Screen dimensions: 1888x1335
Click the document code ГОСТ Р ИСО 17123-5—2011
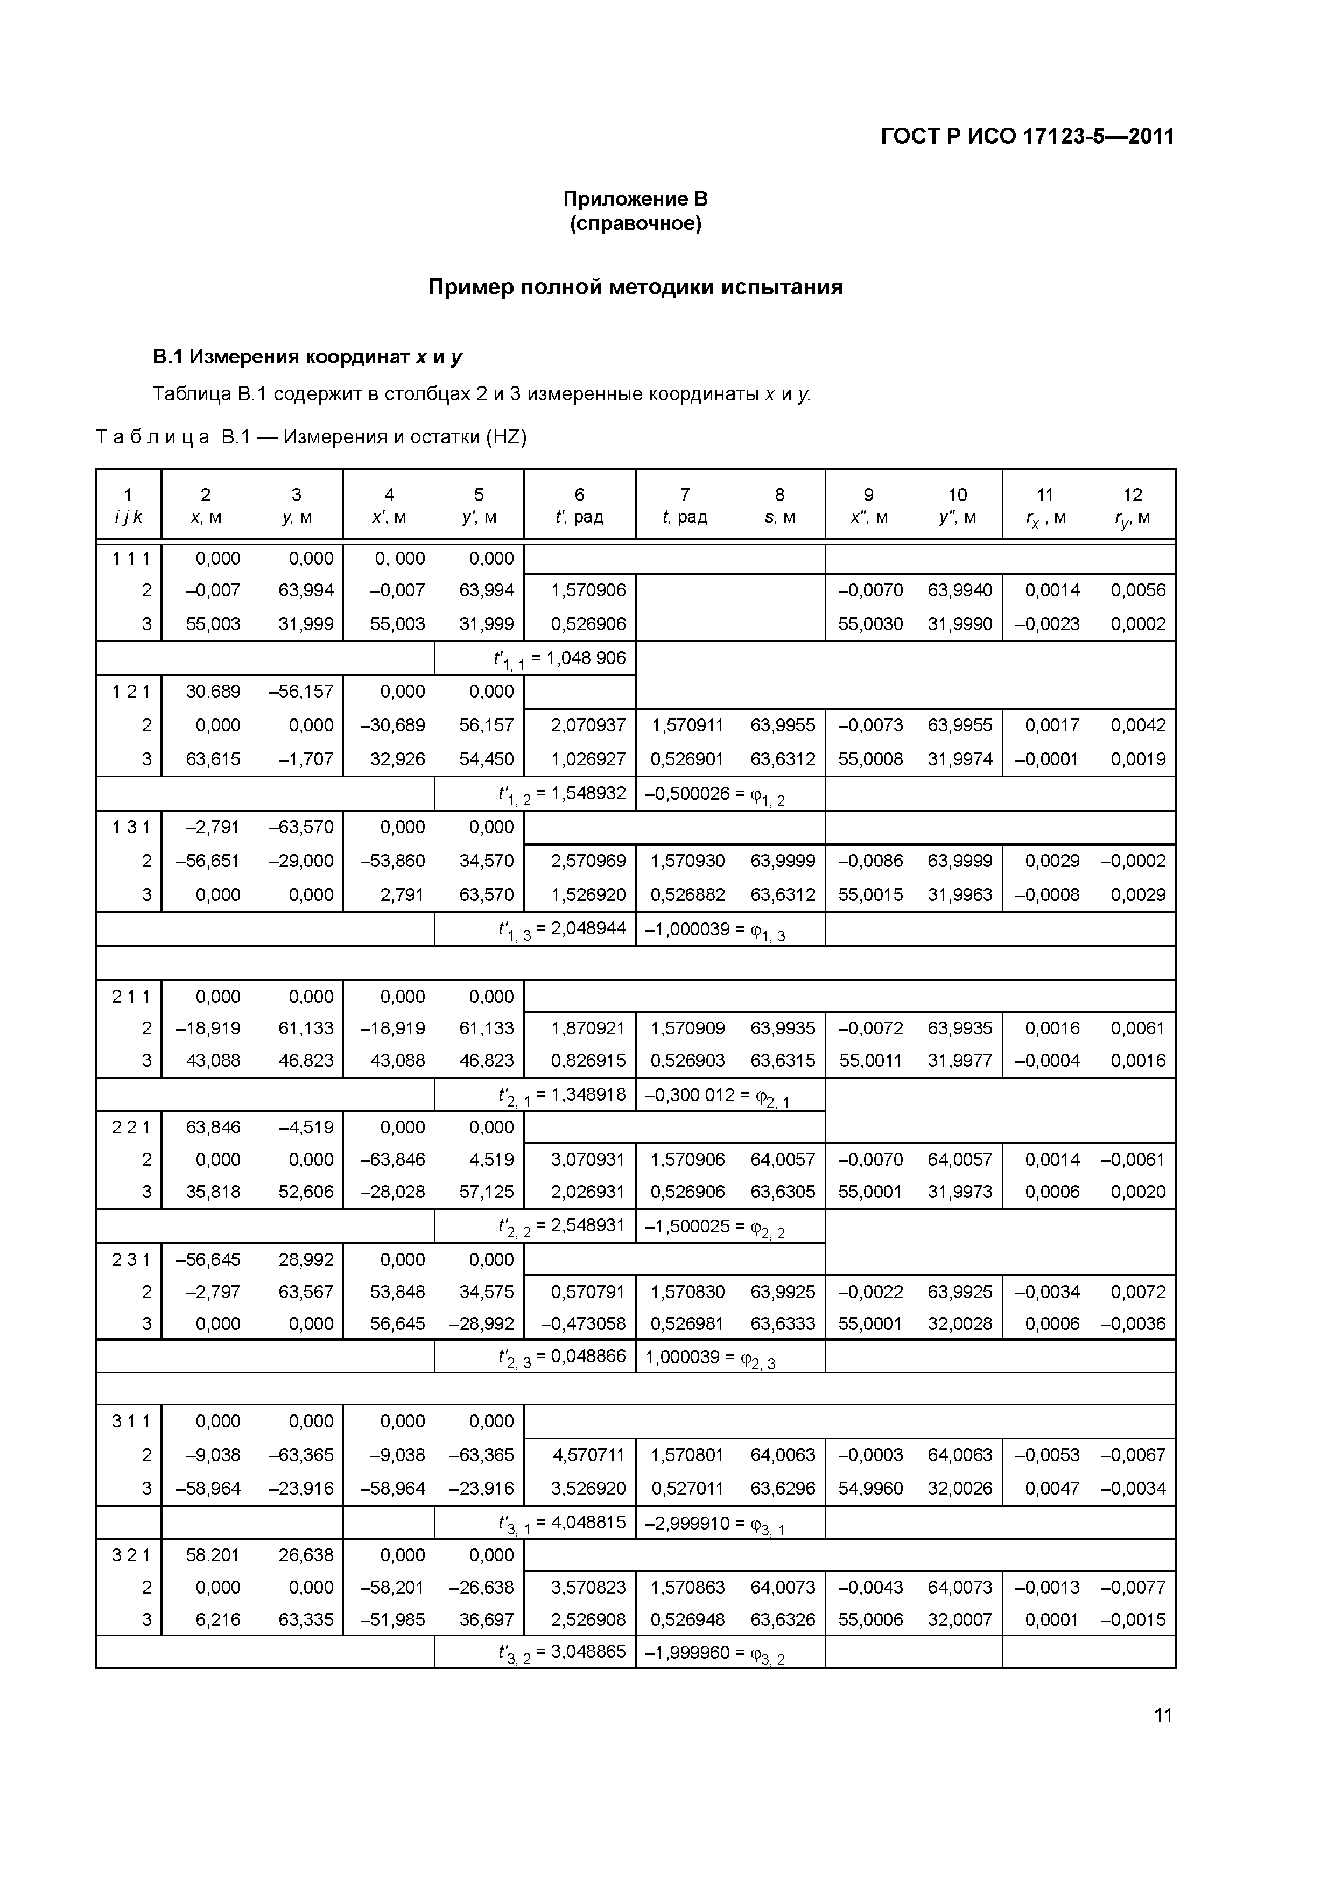click(1027, 136)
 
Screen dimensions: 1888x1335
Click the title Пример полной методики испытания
click(635, 287)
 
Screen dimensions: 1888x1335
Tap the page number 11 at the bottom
click(1162, 1715)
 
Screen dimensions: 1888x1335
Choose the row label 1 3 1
click(131, 827)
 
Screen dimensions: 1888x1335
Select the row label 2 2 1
click(131, 1128)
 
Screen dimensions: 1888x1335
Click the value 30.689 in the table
click(213, 692)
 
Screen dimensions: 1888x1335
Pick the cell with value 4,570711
click(588, 1455)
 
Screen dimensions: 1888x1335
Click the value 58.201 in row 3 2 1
click(213, 1555)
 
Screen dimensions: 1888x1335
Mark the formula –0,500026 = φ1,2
click(715, 795)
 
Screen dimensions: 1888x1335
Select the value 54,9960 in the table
click(870, 1488)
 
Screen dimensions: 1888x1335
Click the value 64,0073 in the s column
click(782, 1587)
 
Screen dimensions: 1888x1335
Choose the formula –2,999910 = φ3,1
click(715, 1524)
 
